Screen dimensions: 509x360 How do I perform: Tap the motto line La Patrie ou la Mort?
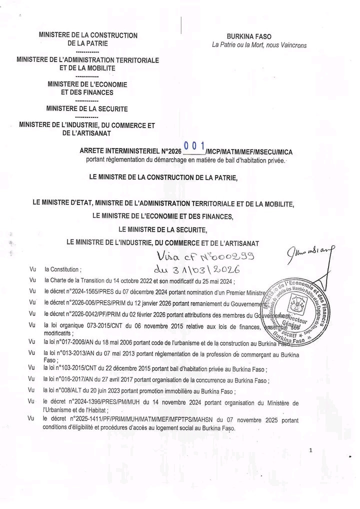coord(259,45)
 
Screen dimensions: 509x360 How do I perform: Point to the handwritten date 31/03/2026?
coord(199,270)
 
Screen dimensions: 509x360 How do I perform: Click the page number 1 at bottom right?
coord(310,450)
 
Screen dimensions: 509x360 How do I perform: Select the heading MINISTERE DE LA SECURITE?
coord(87,108)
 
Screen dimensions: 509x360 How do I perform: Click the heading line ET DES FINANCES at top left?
coord(87,92)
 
